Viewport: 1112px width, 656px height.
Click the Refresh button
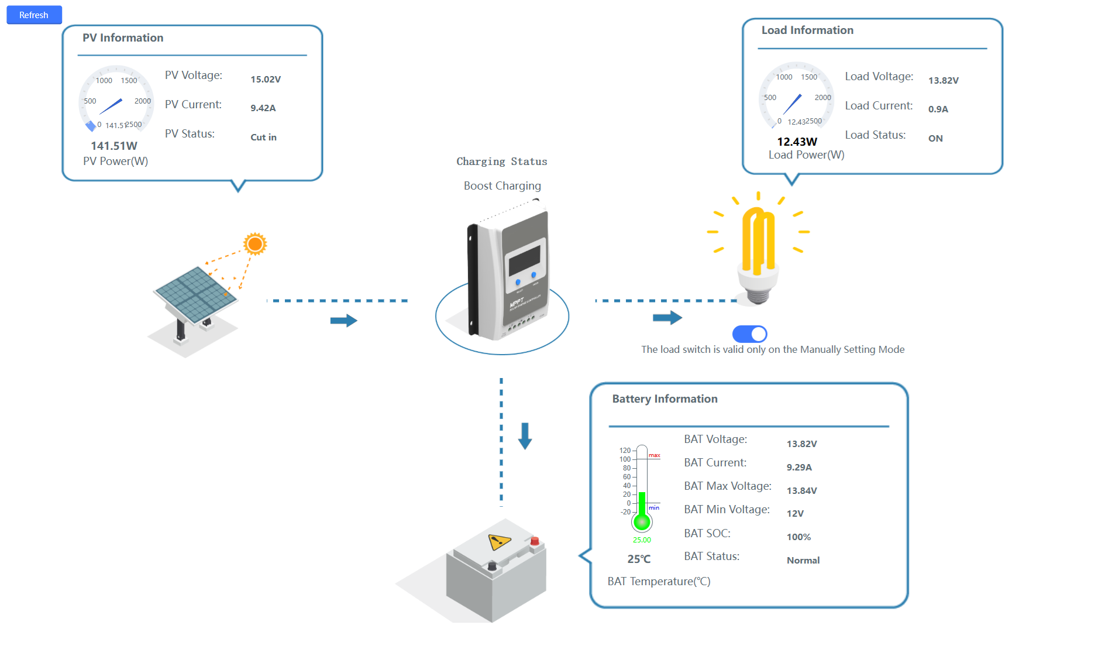tap(34, 15)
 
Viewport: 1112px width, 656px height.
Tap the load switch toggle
tap(749, 334)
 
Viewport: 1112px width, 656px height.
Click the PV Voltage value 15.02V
tap(266, 80)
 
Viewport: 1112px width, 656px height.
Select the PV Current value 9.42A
tap(263, 108)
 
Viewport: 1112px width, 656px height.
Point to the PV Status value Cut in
tap(263, 138)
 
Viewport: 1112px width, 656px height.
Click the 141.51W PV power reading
tap(114, 146)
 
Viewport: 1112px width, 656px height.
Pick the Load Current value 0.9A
tap(938, 109)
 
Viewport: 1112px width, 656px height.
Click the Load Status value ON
tap(935, 139)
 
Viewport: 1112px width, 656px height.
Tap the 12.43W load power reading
tap(797, 142)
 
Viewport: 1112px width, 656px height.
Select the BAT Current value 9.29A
tap(799, 468)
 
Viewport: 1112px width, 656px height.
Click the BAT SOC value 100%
tap(798, 537)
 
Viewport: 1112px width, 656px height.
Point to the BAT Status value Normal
tap(803, 561)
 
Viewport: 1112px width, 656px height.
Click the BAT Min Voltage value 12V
tap(795, 514)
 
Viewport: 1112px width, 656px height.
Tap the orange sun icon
tap(255, 243)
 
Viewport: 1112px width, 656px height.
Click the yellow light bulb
tap(758, 252)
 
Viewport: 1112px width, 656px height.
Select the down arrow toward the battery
tap(525, 436)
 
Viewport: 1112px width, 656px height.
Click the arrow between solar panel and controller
tap(343, 321)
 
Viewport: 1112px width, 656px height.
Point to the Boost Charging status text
tap(502, 186)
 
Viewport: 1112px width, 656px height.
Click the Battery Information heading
tap(665, 399)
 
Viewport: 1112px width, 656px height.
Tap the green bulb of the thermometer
tap(642, 522)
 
